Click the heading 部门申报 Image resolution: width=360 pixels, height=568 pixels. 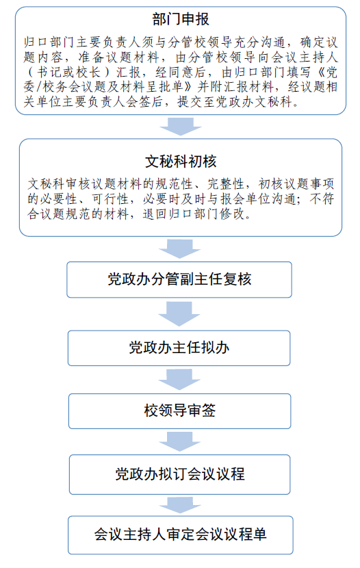pos(181,19)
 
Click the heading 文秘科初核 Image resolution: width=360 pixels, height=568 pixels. pos(181,162)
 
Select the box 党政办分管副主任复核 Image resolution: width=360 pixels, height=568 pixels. pos(179,280)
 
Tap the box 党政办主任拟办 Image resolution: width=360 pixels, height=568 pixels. pos(179,348)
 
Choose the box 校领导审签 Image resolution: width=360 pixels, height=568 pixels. pos(179,411)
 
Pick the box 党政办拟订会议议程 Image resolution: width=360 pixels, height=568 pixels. pos(179,474)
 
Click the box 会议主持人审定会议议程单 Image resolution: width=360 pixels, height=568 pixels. pos(181,534)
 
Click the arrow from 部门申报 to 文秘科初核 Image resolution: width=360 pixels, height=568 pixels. pos(181,127)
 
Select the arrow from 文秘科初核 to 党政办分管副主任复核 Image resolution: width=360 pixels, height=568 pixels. pos(179,249)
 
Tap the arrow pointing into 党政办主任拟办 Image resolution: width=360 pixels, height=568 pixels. pos(179,313)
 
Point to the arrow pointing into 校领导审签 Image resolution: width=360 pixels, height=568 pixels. pos(179,379)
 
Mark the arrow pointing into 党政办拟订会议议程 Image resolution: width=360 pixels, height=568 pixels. pos(179,441)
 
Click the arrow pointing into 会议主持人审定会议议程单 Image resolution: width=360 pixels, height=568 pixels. pos(180,505)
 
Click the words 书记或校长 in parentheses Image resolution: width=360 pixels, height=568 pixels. pos(69,72)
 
